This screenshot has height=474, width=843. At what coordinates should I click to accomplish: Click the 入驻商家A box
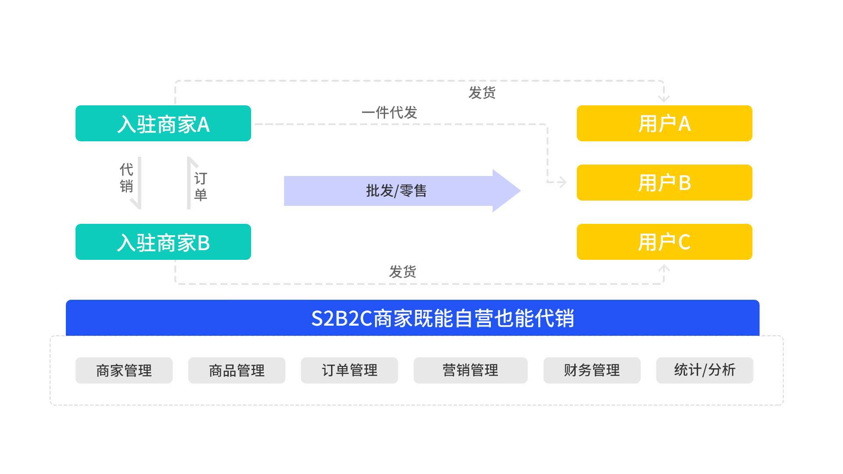tap(163, 123)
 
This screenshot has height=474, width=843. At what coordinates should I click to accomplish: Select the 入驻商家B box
tap(163, 242)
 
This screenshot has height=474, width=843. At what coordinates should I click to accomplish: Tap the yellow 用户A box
tap(664, 123)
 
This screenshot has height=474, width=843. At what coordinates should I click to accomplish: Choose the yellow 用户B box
tap(664, 183)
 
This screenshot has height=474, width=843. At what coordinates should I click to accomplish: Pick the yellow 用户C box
tap(664, 242)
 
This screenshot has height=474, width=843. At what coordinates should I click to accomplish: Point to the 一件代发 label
tap(389, 113)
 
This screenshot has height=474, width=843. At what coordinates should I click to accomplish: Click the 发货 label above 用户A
tap(482, 93)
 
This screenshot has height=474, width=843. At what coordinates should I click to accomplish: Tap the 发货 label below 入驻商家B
tap(402, 272)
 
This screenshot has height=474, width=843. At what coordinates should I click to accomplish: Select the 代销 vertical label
tap(126, 178)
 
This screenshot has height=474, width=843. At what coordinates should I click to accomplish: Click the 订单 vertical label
tap(200, 186)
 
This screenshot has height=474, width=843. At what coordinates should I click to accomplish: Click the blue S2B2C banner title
tap(442, 318)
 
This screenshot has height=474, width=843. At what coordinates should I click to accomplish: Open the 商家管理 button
tap(124, 370)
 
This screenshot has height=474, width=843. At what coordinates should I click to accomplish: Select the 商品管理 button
tap(237, 370)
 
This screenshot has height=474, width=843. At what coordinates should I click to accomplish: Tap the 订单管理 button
tap(349, 370)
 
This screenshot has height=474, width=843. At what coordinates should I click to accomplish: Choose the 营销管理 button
tap(470, 370)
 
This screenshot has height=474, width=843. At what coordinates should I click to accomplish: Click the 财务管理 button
tap(591, 370)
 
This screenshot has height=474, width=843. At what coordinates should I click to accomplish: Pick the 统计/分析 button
tap(704, 370)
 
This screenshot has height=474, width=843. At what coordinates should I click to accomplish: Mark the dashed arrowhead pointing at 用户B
tap(562, 182)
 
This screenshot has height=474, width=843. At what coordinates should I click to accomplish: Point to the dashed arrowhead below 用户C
tap(664, 268)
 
